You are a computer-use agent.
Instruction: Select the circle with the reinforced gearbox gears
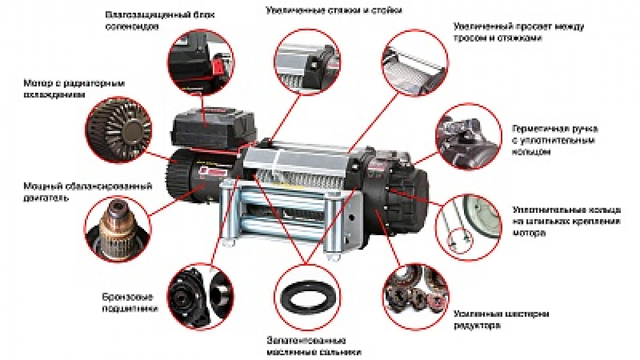pos(416,295)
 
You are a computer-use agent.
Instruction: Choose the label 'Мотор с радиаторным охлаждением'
pos(73,89)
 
